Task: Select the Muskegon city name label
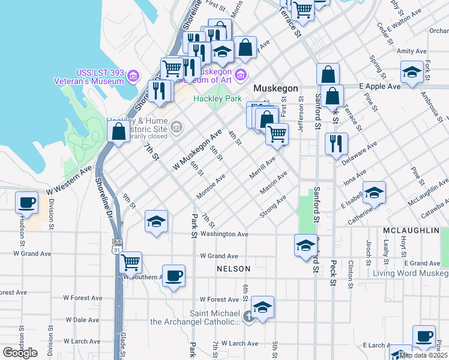coord(276,88)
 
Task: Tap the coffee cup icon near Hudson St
coord(27,203)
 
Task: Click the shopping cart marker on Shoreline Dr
coord(130,262)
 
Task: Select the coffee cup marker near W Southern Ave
coord(174,275)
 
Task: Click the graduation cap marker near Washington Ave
coord(156,221)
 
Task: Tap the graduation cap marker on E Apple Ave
coord(412,73)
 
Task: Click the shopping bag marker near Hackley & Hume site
coord(119,131)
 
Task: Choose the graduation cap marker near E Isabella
coord(375,192)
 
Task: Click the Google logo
coord(20,353)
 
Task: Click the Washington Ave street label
coord(224,234)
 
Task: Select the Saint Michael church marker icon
coord(250,316)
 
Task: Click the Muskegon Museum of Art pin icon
coord(241,75)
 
